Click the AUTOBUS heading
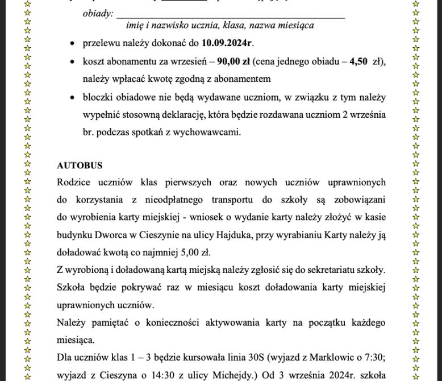(x=80, y=165)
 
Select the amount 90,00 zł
(x=233, y=61)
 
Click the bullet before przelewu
(x=72, y=43)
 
